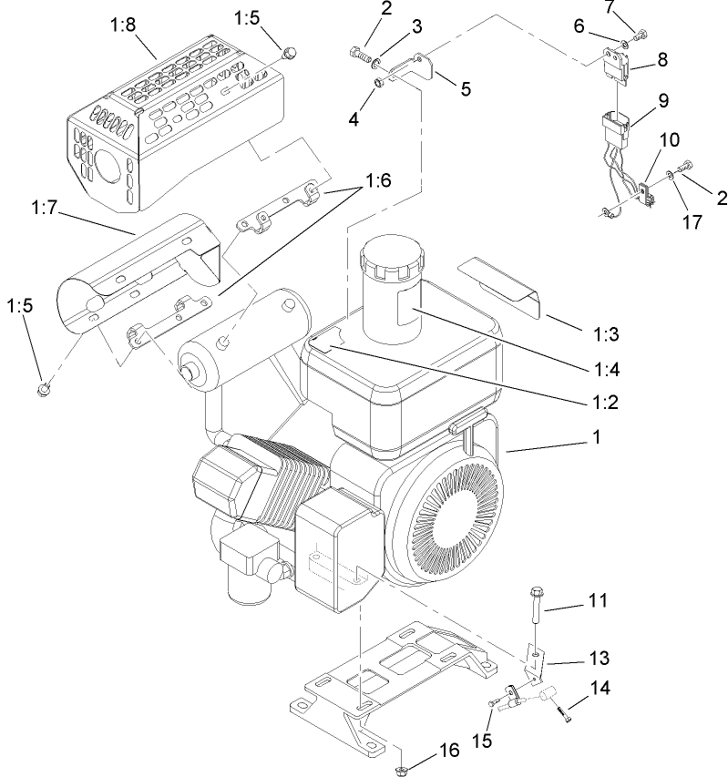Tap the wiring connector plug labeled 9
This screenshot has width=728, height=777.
pos(615,128)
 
